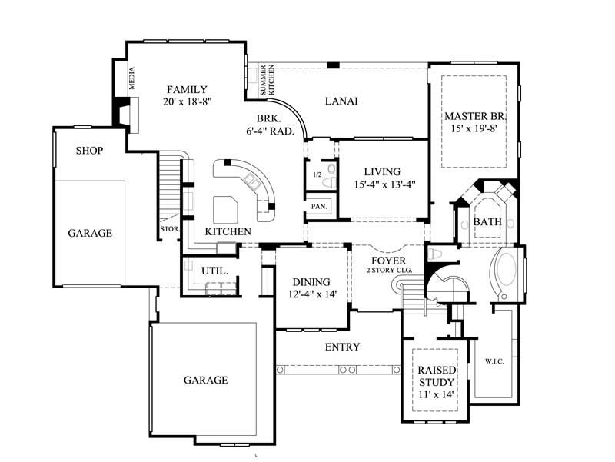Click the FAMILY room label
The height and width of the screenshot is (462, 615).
(187, 89)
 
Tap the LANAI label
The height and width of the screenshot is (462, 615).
(342, 101)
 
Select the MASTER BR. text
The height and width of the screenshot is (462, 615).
(474, 116)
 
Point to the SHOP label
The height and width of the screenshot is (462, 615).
(89, 151)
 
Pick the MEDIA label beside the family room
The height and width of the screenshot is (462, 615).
(132, 78)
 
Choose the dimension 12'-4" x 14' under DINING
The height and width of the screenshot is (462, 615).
(311, 294)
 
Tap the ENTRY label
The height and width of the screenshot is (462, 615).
(342, 347)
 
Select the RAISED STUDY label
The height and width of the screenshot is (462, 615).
(436, 375)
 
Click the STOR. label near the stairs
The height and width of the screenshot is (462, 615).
(169, 229)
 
